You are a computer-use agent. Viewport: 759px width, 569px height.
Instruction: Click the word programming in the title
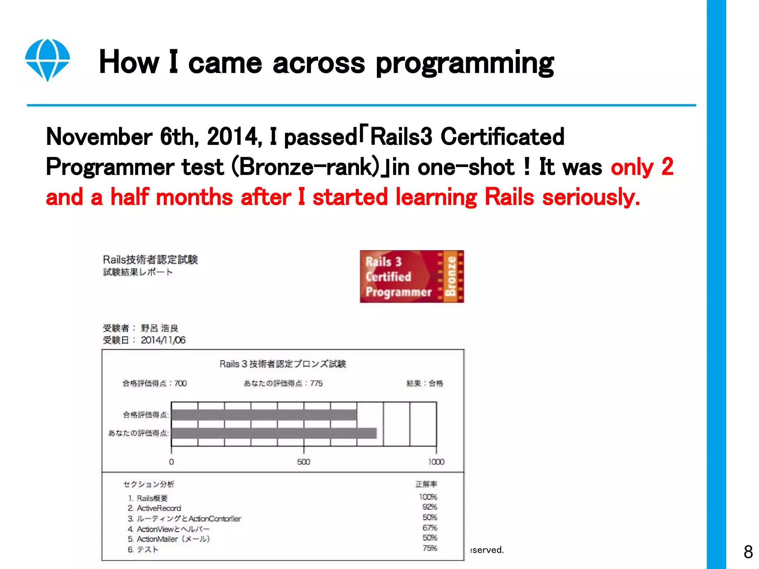[x=465, y=63]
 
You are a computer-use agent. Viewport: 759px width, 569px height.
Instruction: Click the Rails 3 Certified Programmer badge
[x=411, y=276]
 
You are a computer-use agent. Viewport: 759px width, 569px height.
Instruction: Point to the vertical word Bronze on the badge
[x=451, y=276]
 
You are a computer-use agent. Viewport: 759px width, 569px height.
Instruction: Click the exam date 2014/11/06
[x=163, y=340]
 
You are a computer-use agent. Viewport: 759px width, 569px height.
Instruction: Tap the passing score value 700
[x=180, y=383]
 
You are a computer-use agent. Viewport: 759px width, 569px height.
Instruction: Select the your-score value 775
[x=316, y=383]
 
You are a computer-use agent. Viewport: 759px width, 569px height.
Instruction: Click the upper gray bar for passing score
[x=264, y=415]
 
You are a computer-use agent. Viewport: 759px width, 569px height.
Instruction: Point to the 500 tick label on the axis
[x=303, y=462]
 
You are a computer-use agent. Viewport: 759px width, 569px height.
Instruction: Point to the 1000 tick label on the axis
[x=436, y=462]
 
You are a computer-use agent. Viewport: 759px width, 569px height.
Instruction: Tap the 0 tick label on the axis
[x=171, y=462]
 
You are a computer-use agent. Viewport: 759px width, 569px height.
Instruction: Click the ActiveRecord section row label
[x=159, y=508]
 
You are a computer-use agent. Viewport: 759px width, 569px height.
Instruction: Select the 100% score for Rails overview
[x=428, y=497]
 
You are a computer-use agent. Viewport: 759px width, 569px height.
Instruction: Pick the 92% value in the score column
[x=430, y=507]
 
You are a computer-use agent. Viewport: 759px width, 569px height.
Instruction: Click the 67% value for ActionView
[x=430, y=528]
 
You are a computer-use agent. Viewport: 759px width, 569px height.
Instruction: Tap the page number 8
[x=748, y=552]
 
